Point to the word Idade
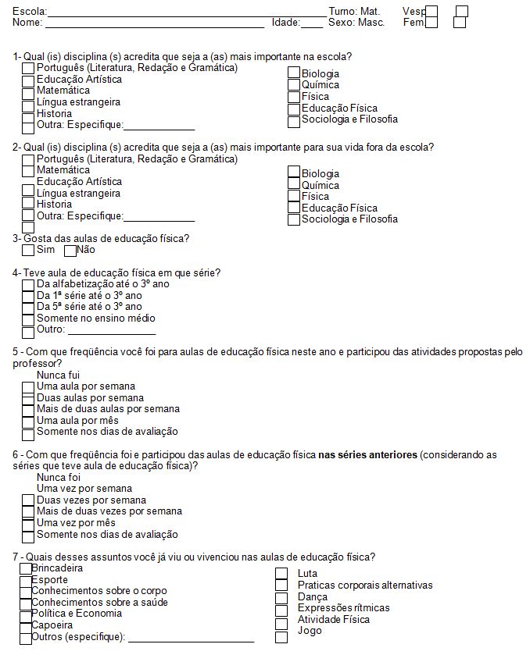(x=285, y=23)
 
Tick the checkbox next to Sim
(x=28, y=251)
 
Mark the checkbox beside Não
(x=70, y=251)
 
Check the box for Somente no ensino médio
(x=28, y=319)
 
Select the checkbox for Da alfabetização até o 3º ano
(x=28, y=285)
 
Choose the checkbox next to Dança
(x=281, y=598)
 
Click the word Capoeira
(x=52, y=625)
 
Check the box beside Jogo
(x=281, y=637)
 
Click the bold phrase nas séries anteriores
(x=367, y=454)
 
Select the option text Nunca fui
(x=58, y=375)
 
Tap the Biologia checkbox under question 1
(x=294, y=74)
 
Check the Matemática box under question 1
(x=28, y=92)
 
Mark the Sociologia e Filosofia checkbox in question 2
(x=294, y=220)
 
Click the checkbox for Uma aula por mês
(x=28, y=422)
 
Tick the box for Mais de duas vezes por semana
(x=28, y=513)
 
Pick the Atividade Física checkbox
(x=281, y=624)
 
